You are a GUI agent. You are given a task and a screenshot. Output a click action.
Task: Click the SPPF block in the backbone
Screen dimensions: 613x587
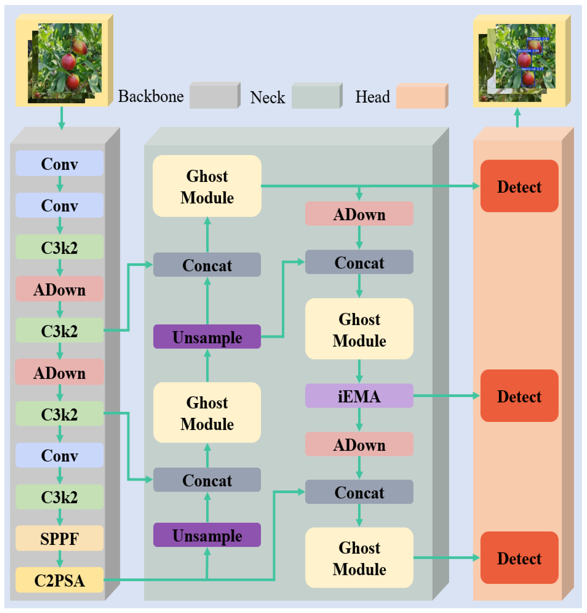click(x=59, y=538)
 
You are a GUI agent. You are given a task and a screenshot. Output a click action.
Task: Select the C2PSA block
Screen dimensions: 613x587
click(x=59, y=580)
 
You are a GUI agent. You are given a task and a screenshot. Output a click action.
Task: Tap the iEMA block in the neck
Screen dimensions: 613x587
click(x=359, y=396)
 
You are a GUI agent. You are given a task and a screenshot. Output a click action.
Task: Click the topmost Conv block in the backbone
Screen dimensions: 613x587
click(x=59, y=163)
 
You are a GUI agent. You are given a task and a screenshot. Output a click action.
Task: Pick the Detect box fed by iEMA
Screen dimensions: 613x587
click(x=519, y=396)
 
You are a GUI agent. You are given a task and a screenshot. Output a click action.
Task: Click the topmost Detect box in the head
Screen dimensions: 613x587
click(x=519, y=186)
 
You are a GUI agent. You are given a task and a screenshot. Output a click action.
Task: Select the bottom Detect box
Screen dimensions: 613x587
click(x=519, y=558)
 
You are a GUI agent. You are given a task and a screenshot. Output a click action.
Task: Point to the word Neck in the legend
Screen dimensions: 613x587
click(x=267, y=97)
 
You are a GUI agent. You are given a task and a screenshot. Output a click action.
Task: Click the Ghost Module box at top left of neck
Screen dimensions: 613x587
click(x=207, y=186)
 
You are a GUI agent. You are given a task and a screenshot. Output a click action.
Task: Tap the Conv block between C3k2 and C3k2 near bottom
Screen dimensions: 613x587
click(x=59, y=455)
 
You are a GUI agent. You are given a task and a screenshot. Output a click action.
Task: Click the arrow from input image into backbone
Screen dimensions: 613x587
click(x=62, y=118)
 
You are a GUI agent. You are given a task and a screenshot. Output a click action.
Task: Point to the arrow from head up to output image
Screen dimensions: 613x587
click(x=517, y=118)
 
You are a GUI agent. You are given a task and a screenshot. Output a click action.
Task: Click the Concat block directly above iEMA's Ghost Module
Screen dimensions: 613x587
click(x=359, y=262)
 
